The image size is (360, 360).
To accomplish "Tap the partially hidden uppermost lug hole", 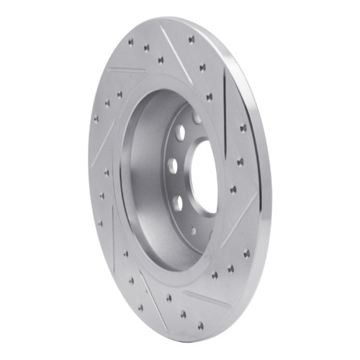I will click(x=197, y=117).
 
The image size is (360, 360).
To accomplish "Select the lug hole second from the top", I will click(x=180, y=132).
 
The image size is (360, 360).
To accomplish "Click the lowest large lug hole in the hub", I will click(x=177, y=202).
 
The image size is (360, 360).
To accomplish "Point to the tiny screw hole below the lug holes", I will click(x=194, y=231).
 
